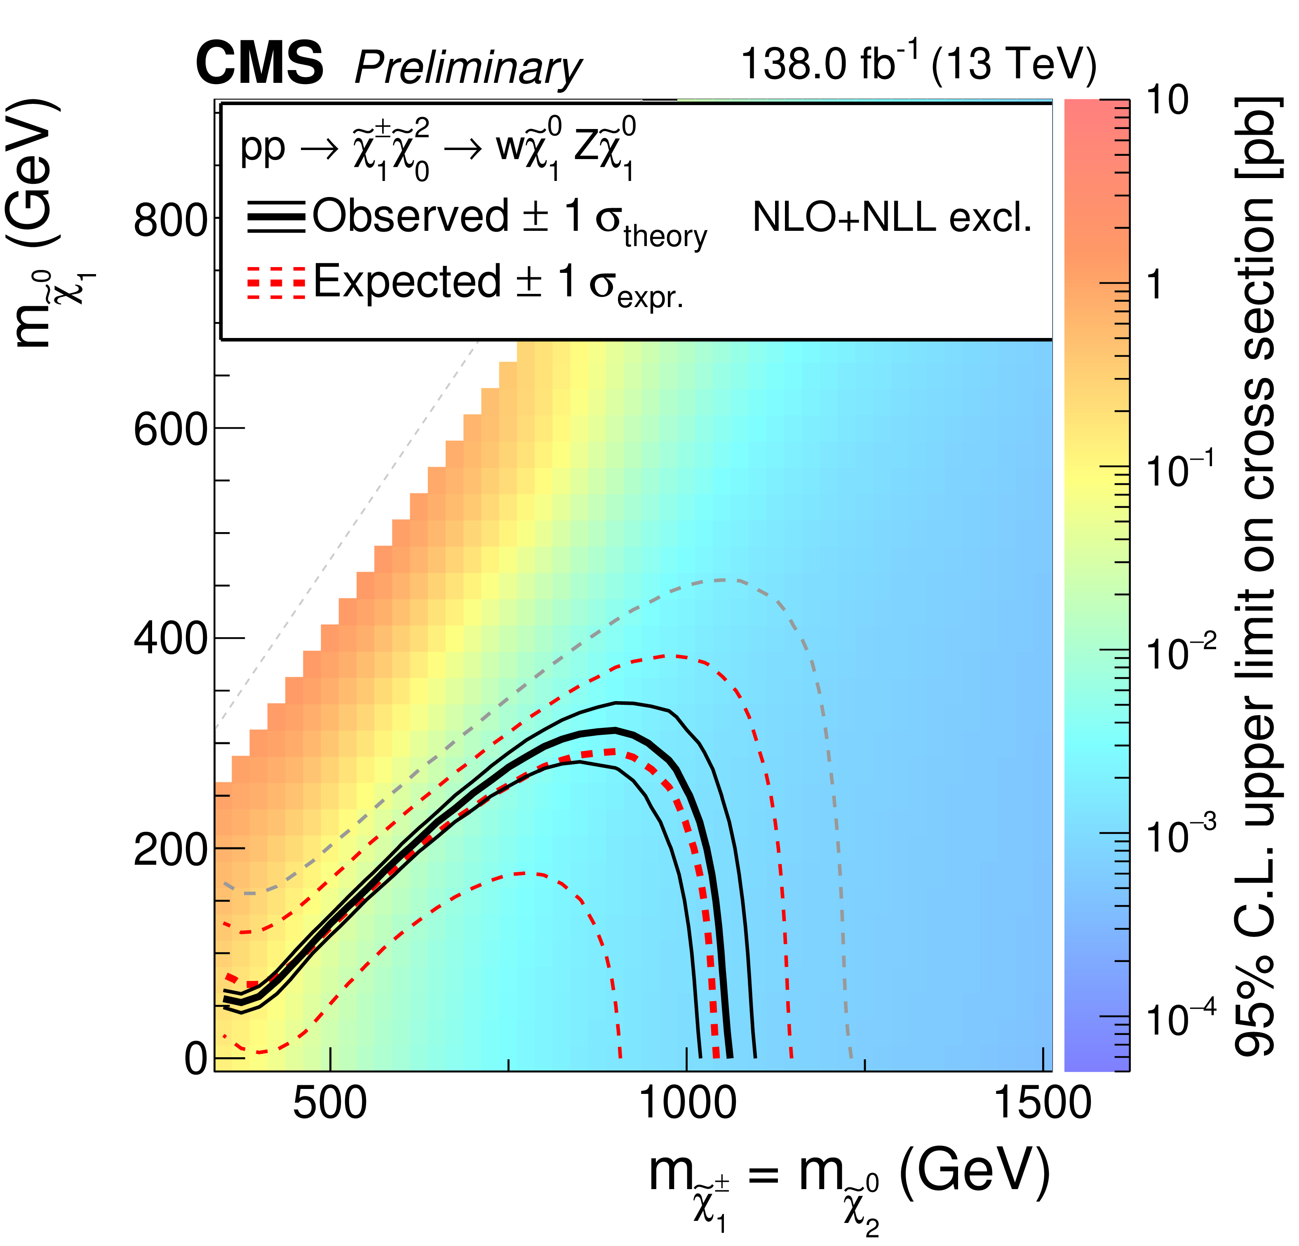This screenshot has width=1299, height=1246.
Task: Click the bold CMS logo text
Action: [x=259, y=63]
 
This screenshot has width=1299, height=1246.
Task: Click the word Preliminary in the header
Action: [x=468, y=68]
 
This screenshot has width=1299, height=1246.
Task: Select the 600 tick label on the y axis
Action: [x=170, y=429]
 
